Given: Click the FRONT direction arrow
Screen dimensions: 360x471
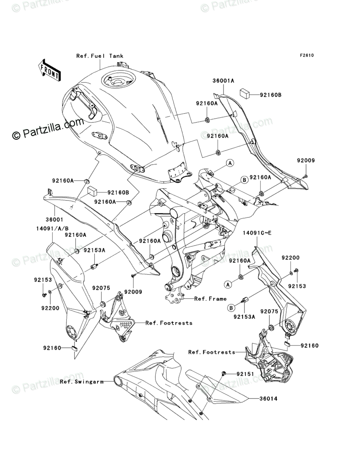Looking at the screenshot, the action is point(49,70).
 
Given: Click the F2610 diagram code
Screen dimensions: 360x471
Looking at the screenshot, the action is point(306,55).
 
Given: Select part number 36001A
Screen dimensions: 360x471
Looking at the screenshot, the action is point(223,81).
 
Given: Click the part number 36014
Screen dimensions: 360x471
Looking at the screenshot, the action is point(268,399).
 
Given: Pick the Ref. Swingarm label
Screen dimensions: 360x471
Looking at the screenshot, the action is point(82,382).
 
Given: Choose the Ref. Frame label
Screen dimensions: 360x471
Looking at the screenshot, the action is point(210,299).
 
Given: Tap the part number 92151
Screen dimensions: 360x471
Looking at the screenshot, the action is point(245,374).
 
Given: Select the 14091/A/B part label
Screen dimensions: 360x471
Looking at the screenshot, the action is point(52,228).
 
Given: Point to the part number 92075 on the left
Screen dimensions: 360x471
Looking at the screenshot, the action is point(101,288).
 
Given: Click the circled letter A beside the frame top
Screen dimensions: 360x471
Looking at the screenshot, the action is point(230,163).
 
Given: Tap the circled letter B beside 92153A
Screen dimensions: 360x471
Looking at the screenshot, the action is point(231,308).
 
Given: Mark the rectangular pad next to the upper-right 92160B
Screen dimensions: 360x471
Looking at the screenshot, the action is point(246,93).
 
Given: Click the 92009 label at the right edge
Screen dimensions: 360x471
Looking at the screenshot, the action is point(306,160).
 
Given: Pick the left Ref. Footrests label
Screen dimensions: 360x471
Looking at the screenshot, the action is point(169,323).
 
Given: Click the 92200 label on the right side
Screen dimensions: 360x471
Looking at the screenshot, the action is point(291,258).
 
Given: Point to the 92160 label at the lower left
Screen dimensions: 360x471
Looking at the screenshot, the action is point(52,348).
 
